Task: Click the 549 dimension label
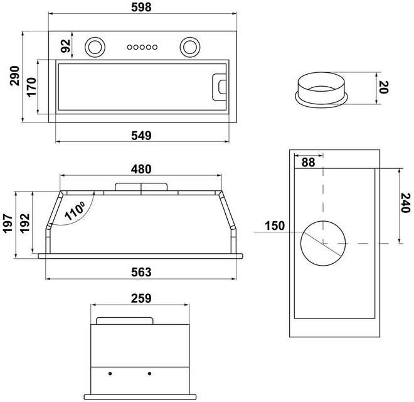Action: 142,136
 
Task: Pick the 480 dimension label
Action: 142,168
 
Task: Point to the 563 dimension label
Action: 142,271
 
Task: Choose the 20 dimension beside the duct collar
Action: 383,87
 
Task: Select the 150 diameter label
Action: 275,226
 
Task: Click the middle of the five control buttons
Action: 142,46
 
